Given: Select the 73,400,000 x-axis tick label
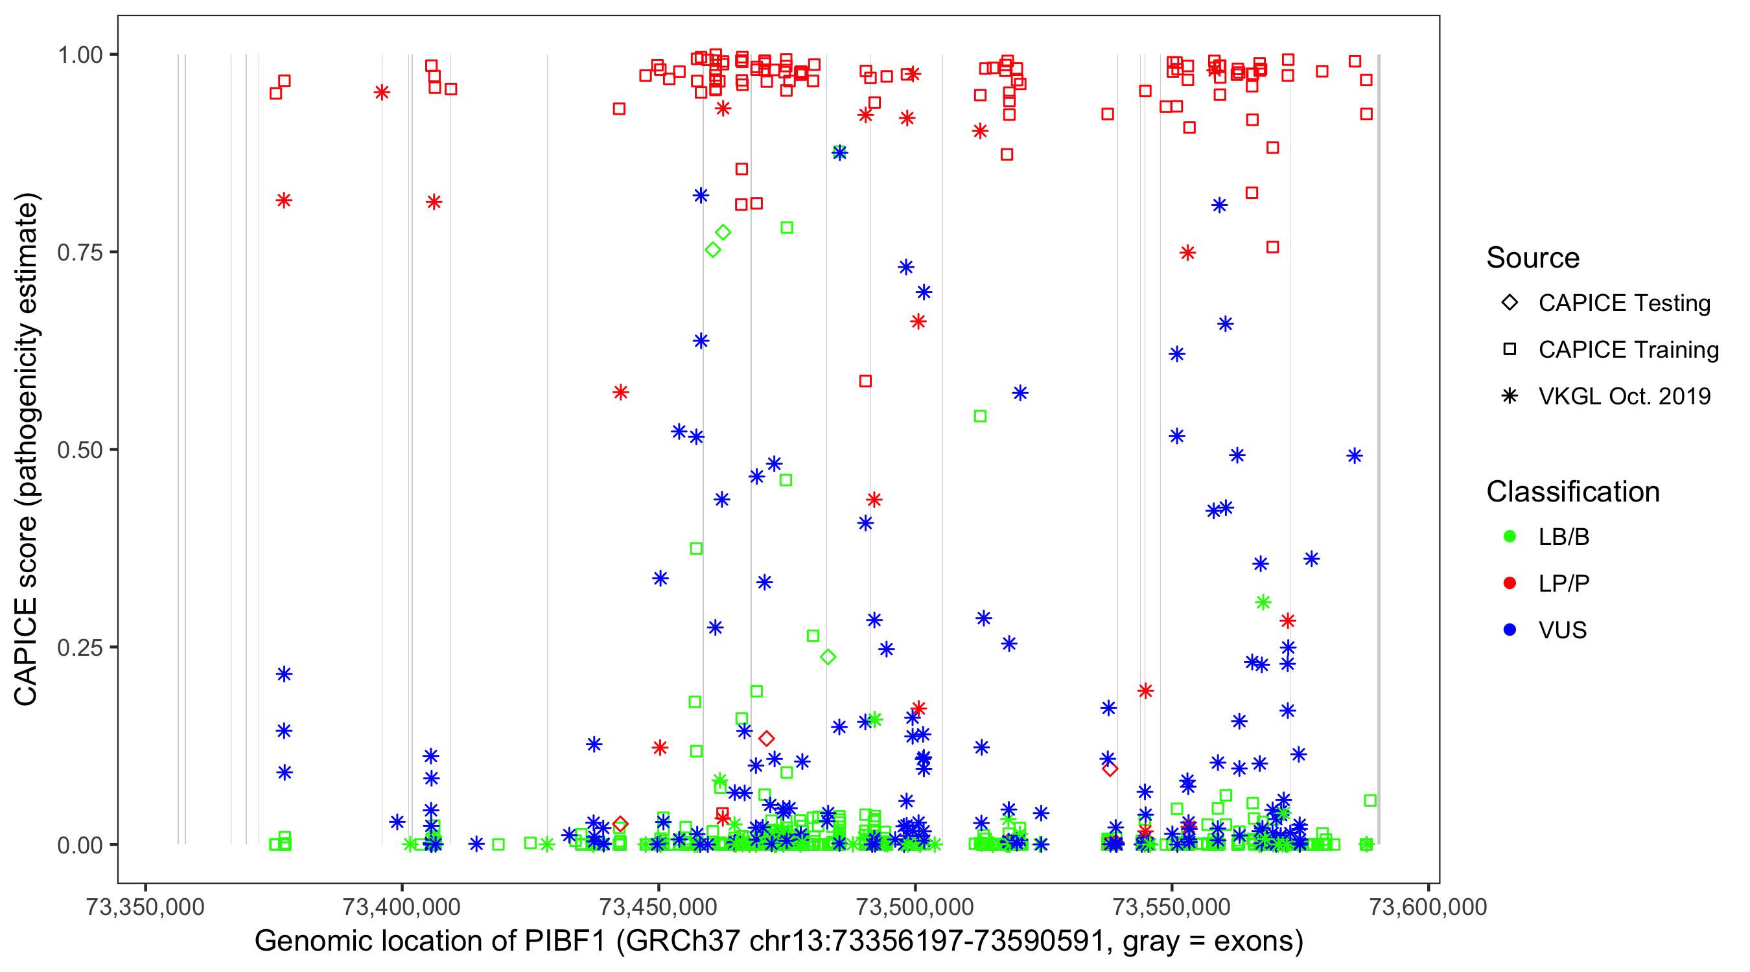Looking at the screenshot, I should [401, 907].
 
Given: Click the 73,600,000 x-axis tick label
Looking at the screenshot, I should [1428, 907].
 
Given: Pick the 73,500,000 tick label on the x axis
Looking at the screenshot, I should [915, 907].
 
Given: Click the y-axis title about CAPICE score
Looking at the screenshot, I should [27, 450].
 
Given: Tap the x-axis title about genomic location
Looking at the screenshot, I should [778, 942].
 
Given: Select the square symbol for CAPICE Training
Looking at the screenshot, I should [1510, 350].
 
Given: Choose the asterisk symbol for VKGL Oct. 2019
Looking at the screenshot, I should [1510, 396].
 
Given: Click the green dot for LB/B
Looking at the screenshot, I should [1510, 537].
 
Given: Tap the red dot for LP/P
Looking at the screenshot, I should [1510, 583].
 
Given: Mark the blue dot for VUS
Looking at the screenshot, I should [1510, 630].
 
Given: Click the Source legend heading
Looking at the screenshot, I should [1533, 258].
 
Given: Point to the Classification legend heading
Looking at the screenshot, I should [1572, 492].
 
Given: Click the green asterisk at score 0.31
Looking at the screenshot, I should [1263, 603].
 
